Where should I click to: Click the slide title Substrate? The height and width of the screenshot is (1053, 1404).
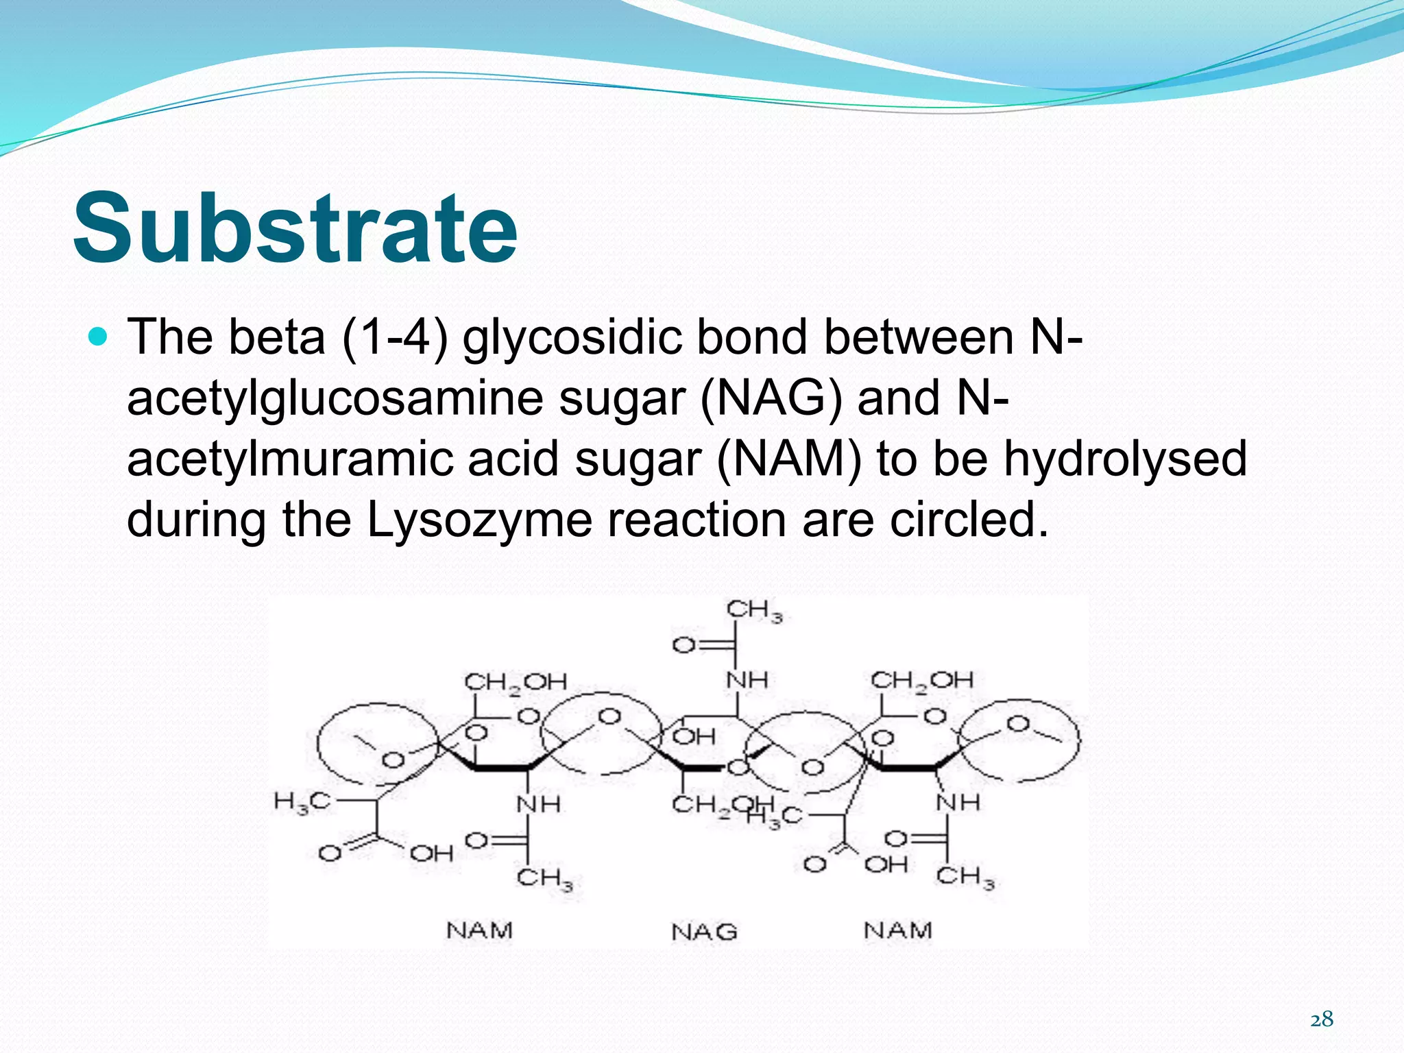click(x=295, y=228)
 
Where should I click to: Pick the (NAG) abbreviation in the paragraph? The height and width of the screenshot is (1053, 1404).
click(x=771, y=398)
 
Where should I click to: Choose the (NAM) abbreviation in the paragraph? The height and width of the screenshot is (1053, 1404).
click(x=788, y=459)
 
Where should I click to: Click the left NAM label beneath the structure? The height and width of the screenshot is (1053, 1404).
click(x=479, y=930)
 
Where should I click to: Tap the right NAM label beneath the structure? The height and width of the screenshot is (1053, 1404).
click(x=897, y=930)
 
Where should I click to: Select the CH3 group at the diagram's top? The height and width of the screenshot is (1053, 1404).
click(x=753, y=610)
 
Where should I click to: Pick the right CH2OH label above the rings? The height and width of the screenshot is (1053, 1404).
click(x=921, y=681)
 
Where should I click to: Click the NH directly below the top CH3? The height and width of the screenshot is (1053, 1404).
click(x=747, y=680)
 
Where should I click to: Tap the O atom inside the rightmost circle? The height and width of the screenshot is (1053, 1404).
click(x=1018, y=724)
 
